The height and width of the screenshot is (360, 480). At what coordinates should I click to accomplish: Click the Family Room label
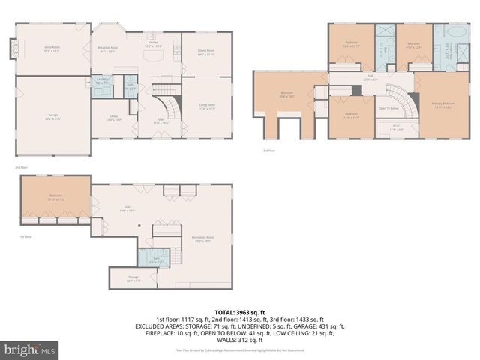pyautogui.click(x=51, y=48)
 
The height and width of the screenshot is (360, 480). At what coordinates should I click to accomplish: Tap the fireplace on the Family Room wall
pyautogui.click(x=11, y=49)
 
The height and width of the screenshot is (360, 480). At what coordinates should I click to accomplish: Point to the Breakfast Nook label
pyautogui.click(x=109, y=49)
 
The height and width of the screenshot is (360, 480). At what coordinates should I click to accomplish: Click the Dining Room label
pyautogui.click(x=205, y=52)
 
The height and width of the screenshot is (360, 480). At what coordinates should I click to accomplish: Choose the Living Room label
pyautogui.click(x=206, y=106)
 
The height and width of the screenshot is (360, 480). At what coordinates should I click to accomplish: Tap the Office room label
pyautogui.click(x=113, y=118)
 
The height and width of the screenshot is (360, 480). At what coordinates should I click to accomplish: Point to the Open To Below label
pyautogui.click(x=388, y=108)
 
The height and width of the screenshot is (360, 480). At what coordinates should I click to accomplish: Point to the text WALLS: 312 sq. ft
pyautogui.click(x=239, y=339)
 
